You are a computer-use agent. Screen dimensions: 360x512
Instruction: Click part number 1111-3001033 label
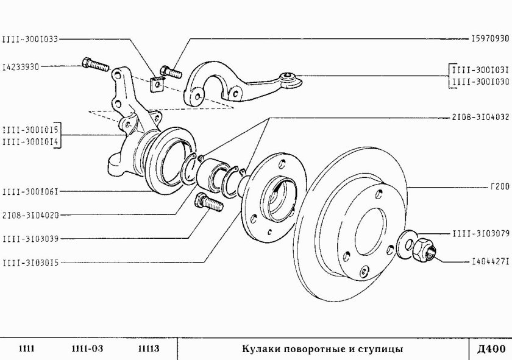(x=30, y=38)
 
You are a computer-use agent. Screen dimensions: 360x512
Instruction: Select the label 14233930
(x=21, y=67)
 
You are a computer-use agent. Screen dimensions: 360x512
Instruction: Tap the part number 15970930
(x=489, y=38)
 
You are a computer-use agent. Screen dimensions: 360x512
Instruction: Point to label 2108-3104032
(x=481, y=115)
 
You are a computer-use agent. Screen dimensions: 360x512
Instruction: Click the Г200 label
(x=499, y=187)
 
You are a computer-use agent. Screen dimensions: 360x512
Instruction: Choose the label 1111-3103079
(x=481, y=233)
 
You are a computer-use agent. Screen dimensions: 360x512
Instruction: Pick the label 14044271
(x=489, y=262)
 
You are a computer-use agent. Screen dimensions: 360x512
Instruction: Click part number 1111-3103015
(x=30, y=263)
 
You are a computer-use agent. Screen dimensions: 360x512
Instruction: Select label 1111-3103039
(x=30, y=238)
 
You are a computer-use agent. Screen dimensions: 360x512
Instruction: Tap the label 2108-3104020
(x=30, y=215)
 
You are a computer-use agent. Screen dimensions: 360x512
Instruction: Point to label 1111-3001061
(x=30, y=191)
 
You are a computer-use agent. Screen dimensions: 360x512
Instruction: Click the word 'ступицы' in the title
(x=380, y=349)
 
